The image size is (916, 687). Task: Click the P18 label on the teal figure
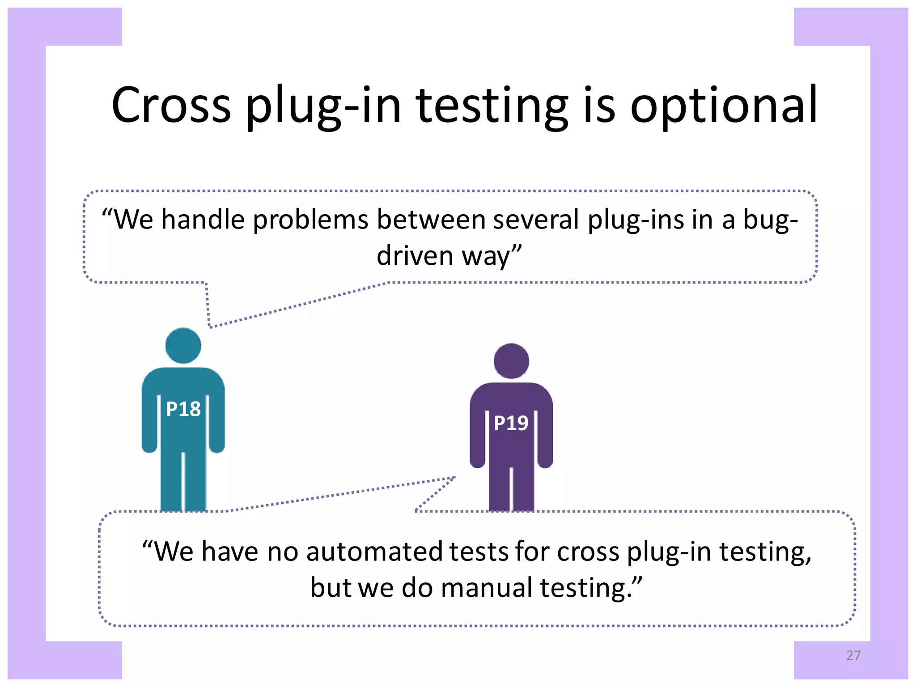click(x=183, y=409)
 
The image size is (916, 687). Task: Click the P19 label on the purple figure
click(x=511, y=423)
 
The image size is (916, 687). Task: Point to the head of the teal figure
click(x=183, y=345)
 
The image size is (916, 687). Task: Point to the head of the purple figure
click(x=511, y=360)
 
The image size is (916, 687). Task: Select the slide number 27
click(x=853, y=655)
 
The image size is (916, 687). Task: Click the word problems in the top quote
click(x=311, y=220)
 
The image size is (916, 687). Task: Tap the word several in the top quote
click(x=536, y=220)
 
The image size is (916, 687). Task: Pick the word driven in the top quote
click(x=415, y=256)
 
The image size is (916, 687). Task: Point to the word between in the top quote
click(x=431, y=220)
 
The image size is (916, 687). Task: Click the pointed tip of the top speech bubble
click(x=210, y=327)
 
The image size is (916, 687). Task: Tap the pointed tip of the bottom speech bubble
click(x=455, y=477)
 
